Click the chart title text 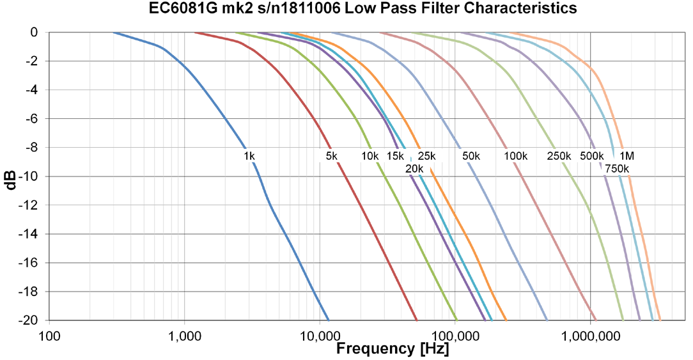pos(346,8)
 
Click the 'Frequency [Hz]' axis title pos(392,349)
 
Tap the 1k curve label pos(249,156)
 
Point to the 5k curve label pos(331,156)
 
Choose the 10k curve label pos(370,156)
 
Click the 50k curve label pos(471,156)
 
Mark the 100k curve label pos(515,156)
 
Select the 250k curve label pos(559,156)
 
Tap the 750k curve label pos(618,168)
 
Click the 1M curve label pos(627,156)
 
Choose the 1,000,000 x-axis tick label pos(590,334)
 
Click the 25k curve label pos(426,156)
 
